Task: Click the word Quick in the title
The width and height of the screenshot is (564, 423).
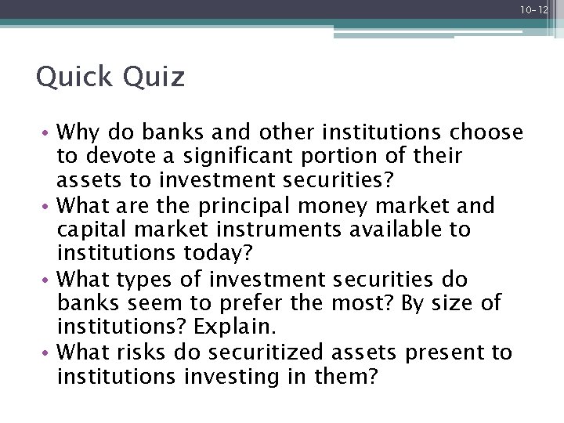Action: pyautogui.click(x=71, y=78)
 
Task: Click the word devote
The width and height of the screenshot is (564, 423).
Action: pyautogui.click(x=109, y=156)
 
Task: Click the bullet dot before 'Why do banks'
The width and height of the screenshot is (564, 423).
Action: pyautogui.click(x=49, y=132)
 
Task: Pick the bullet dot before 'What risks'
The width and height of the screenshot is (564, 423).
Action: pyautogui.click(x=49, y=352)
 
